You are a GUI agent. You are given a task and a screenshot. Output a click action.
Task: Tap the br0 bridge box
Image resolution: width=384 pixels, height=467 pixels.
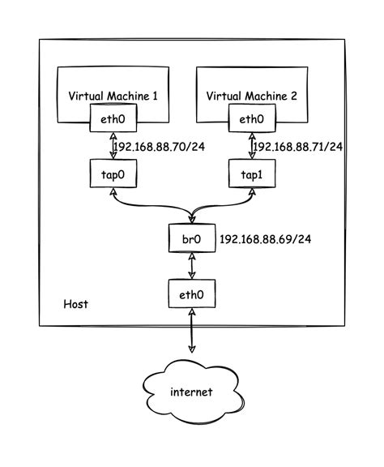tap(192, 240)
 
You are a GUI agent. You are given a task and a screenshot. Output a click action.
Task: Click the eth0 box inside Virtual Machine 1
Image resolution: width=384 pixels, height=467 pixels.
tap(111, 120)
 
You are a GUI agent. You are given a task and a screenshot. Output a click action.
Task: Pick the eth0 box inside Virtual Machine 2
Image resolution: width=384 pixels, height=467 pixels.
tap(251, 120)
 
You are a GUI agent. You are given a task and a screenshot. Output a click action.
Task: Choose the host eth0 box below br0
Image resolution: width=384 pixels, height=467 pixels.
tap(192, 293)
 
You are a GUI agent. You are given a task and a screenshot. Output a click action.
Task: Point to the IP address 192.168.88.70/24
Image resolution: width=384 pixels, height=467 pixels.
tap(160, 147)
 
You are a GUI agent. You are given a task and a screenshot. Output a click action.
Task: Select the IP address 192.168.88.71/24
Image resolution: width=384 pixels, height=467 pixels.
tap(299, 147)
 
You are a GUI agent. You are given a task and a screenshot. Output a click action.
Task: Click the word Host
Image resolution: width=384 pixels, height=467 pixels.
tap(75, 304)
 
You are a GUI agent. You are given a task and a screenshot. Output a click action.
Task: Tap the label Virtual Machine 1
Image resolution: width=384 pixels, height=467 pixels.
tap(112, 96)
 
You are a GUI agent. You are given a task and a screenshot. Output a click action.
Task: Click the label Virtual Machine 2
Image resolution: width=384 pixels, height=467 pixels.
tap(252, 96)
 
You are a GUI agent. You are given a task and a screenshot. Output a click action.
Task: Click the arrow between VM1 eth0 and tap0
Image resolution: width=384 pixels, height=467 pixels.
tap(111, 146)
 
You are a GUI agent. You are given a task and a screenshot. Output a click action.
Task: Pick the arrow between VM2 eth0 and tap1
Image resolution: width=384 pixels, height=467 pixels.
tap(251, 146)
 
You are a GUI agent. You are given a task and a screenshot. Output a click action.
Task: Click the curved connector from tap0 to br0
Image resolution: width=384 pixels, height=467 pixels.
tap(146, 207)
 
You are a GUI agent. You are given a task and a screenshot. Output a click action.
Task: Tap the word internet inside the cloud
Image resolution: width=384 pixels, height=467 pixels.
tap(191, 392)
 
